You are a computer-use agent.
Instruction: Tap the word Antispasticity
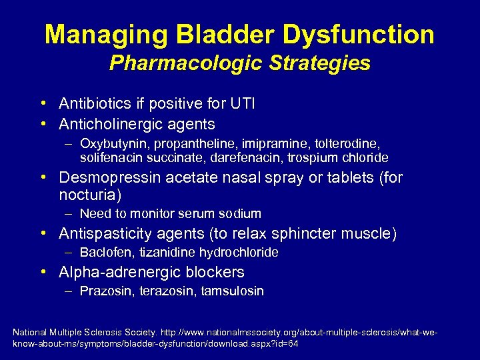[105, 234]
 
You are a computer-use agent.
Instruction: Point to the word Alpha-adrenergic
[117, 272]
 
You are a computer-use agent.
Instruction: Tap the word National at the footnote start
[31, 331]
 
